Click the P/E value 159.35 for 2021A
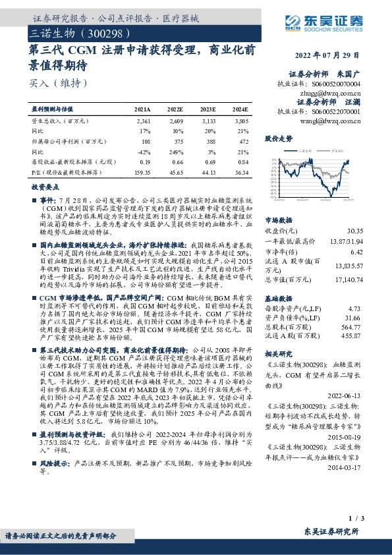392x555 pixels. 142,173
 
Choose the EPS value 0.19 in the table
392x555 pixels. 145,162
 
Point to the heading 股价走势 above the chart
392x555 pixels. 278,139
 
